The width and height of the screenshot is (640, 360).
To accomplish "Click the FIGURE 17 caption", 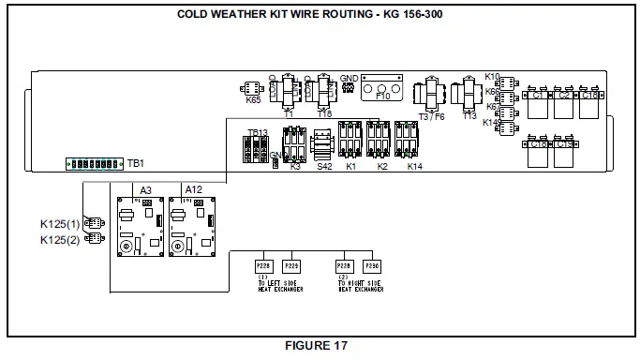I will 320,345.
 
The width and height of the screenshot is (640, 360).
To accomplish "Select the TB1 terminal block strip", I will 94,163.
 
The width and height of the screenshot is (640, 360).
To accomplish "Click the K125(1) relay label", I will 60,223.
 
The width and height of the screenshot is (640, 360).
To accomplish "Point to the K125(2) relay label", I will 60,239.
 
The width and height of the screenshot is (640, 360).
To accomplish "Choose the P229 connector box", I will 291,266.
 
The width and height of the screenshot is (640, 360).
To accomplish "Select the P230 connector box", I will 372,266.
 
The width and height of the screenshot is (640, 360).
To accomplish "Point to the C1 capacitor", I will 539,103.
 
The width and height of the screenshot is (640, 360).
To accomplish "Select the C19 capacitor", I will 564,152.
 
